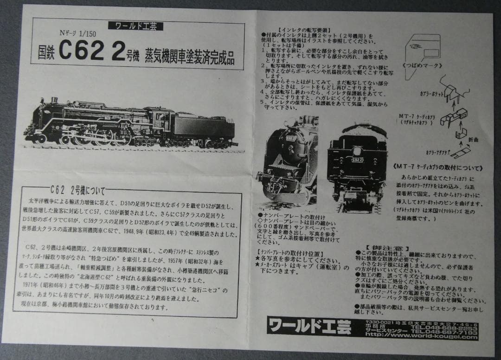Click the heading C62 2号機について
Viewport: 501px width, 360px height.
click(x=78, y=190)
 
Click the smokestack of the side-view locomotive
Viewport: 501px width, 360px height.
click(x=55, y=101)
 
